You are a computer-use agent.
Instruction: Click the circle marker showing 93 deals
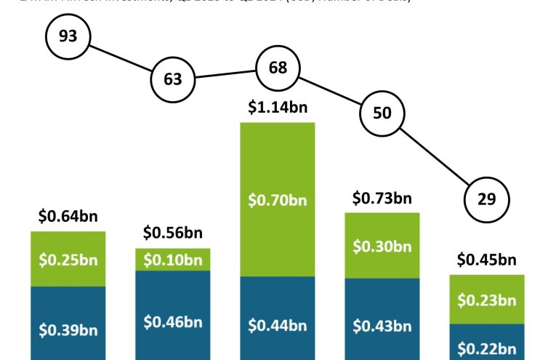tap(68, 36)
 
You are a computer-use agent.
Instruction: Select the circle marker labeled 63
tap(173, 79)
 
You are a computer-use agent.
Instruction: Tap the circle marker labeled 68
tap(278, 68)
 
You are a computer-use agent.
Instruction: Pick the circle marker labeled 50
tap(382, 112)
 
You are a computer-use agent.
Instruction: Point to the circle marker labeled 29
tap(487, 199)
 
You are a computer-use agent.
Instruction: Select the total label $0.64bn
tap(68, 216)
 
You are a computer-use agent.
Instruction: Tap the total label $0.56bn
tap(173, 233)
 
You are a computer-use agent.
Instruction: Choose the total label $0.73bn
tap(382, 198)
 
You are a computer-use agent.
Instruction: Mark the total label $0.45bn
tap(487, 260)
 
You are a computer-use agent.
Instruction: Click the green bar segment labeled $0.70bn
tap(278, 199)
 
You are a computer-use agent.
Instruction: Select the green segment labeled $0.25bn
tap(68, 259)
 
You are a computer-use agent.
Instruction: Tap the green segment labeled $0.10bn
tap(173, 260)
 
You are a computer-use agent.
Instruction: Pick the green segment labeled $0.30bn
tap(382, 246)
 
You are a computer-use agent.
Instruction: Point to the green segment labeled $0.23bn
tap(487, 300)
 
